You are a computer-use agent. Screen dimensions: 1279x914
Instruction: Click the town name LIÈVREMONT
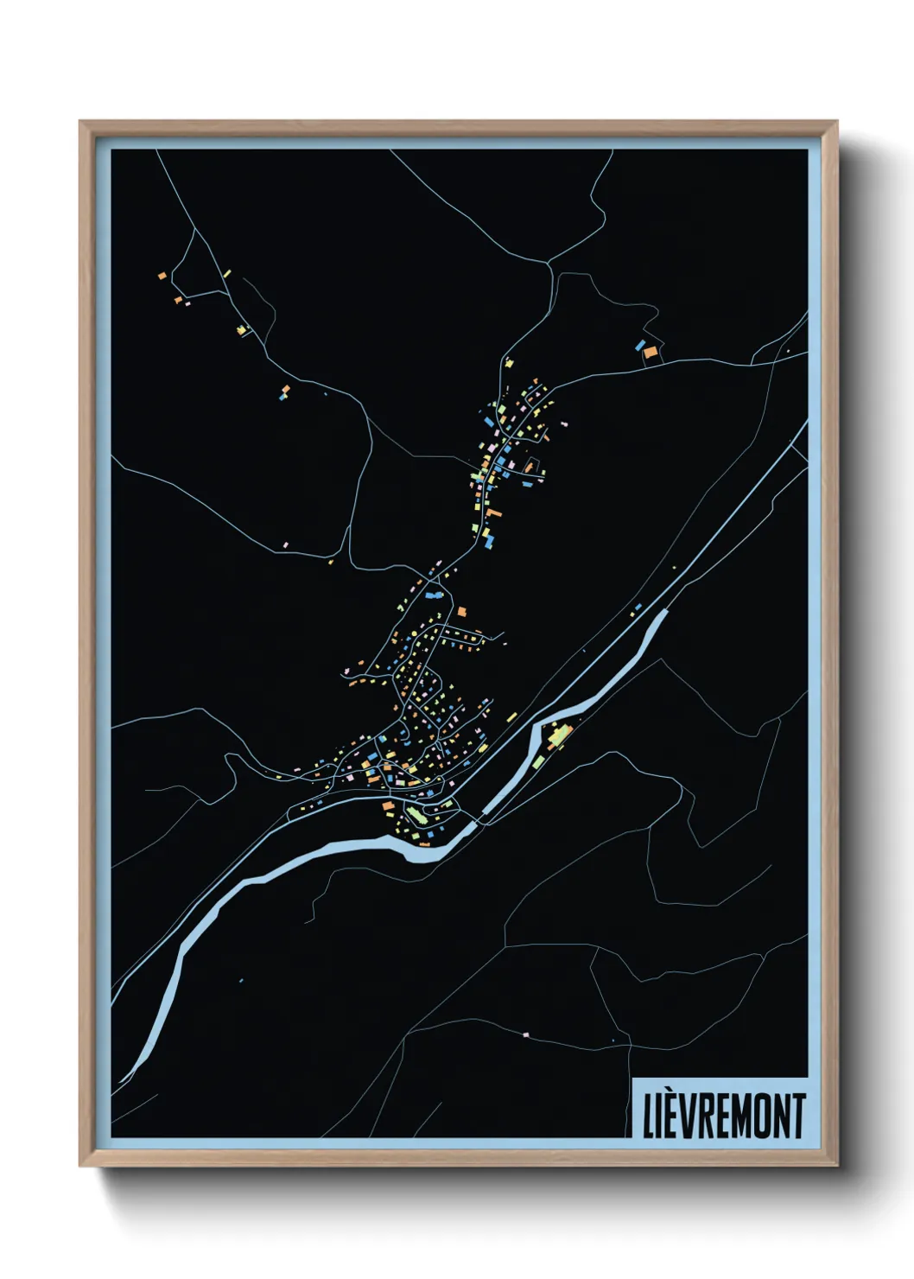click(x=724, y=1116)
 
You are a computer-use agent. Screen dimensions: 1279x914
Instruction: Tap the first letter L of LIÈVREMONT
click(x=649, y=1117)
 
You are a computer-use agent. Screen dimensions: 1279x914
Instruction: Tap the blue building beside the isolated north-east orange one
click(x=640, y=345)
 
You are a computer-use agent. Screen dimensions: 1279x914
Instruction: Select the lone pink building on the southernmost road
click(x=525, y=1034)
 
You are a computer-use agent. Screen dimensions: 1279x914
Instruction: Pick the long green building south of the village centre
click(x=417, y=815)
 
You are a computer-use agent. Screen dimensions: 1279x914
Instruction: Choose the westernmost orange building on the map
click(x=162, y=276)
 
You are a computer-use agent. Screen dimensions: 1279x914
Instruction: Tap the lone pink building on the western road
click(x=286, y=545)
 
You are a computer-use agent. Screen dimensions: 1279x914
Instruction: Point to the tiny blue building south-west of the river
click(x=241, y=980)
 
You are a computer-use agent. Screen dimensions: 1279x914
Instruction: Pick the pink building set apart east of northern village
click(x=566, y=423)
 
